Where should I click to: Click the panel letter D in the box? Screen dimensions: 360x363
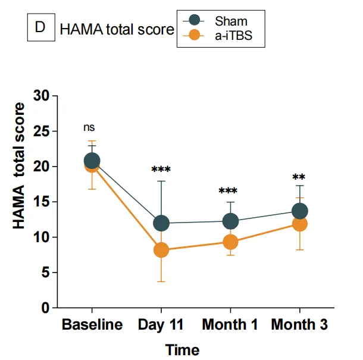pyautogui.click(x=40, y=29)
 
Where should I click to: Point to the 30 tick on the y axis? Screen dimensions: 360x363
pyautogui.click(x=41, y=96)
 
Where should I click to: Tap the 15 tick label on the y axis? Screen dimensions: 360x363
pyautogui.click(x=41, y=202)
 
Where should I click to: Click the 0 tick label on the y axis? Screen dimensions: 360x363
pyautogui.click(x=45, y=308)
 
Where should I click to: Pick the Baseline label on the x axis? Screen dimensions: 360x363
pyautogui.click(x=92, y=325)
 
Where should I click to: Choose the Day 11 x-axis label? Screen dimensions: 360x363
pyautogui.click(x=161, y=325)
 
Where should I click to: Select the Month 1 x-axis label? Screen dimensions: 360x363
pyautogui.click(x=230, y=325)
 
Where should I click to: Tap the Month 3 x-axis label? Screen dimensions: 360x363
pyautogui.click(x=299, y=325)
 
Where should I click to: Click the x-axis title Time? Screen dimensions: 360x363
pyautogui.click(x=182, y=349)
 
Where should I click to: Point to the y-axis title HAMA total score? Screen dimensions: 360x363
pyautogui.click(x=20, y=167)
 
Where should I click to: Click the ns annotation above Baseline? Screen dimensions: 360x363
pyautogui.click(x=89, y=127)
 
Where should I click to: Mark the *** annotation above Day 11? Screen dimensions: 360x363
pyautogui.click(x=161, y=170)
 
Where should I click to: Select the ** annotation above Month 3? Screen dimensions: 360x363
pyautogui.click(x=299, y=178)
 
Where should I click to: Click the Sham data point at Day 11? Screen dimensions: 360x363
pyautogui.click(x=161, y=223)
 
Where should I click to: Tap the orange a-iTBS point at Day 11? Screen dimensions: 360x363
pyautogui.click(x=161, y=250)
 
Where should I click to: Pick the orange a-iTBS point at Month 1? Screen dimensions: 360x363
pyautogui.click(x=230, y=242)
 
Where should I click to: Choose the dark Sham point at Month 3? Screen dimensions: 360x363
pyautogui.click(x=299, y=211)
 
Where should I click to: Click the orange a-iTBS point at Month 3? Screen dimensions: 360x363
pyautogui.click(x=299, y=224)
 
